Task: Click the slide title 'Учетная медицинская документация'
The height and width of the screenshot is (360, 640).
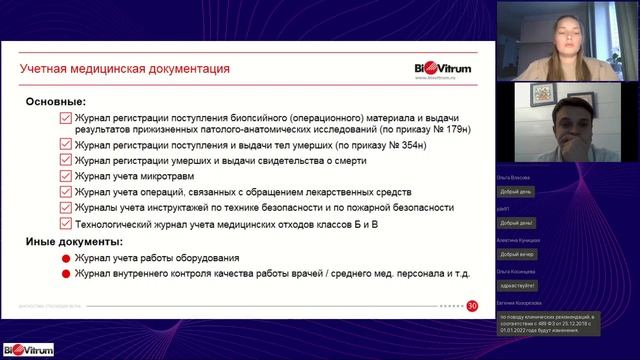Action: (x=126, y=69)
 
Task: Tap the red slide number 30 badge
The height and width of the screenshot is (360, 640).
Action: (x=472, y=305)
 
